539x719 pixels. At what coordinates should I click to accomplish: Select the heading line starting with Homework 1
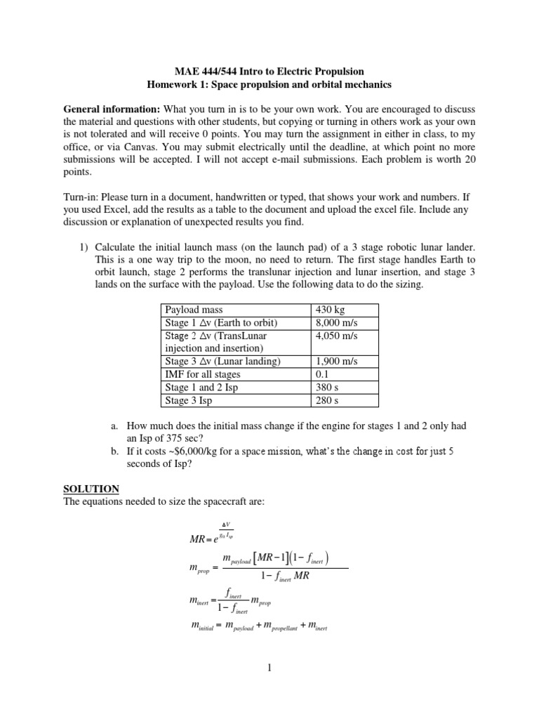point(269,85)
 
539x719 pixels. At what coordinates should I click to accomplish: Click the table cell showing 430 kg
point(328,310)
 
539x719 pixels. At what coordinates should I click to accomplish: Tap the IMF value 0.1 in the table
point(322,374)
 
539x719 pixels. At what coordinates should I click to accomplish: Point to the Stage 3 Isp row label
point(190,400)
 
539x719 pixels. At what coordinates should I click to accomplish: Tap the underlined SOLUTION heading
point(91,489)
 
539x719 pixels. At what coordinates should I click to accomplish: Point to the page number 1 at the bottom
point(269,668)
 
